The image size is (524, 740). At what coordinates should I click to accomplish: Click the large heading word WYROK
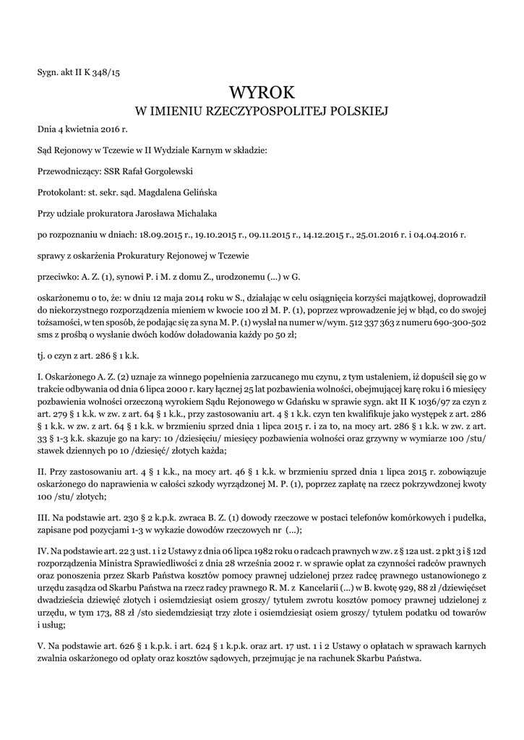(x=262, y=92)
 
